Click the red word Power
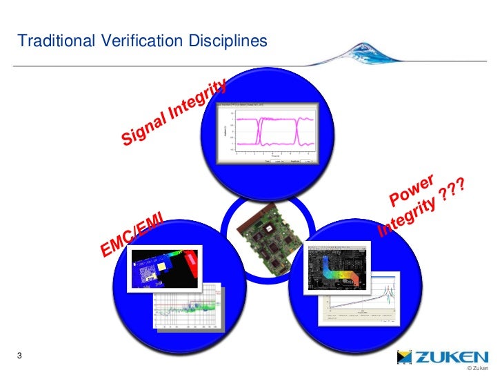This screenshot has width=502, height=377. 412,191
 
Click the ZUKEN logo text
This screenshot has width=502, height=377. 452,357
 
